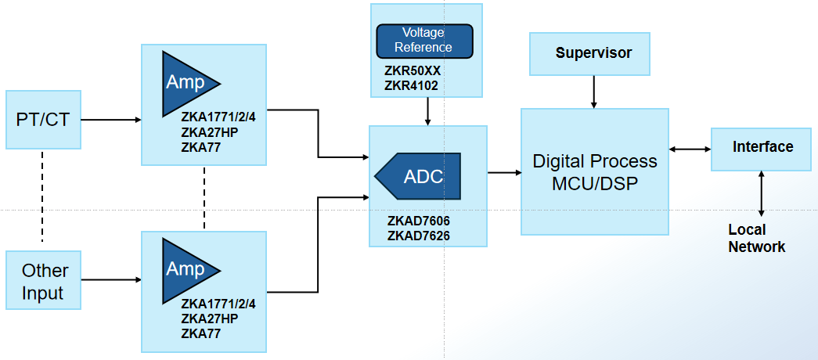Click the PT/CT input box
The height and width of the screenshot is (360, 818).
point(43,120)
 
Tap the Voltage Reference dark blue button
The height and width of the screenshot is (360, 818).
point(424,41)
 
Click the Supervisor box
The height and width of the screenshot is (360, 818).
point(593,54)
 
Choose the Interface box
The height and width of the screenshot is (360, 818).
point(762,148)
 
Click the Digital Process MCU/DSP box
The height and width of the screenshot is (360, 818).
point(594,172)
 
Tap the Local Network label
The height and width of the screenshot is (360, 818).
point(756,239)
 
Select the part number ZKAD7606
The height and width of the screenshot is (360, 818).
point(418,221)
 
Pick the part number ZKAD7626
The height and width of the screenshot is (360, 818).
point(418,236)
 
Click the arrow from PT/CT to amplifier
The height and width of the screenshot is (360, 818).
point(110,120)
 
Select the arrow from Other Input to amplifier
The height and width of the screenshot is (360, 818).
point(110,279)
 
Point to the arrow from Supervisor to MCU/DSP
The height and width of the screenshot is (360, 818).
point(593,92)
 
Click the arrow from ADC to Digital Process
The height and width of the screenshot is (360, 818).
point(504,172)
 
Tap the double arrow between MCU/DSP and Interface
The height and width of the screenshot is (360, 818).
point(690,148)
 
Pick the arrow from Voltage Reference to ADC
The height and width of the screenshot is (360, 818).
point(427,111)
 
